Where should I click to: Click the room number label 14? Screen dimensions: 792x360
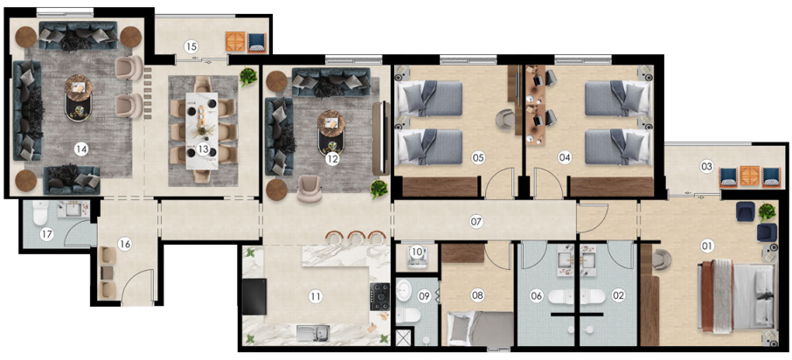pos(80,149)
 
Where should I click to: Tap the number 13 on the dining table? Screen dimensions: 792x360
pos(203,149)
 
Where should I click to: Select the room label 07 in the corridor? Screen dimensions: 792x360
pos(476,221)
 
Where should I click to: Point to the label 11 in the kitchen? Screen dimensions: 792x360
pos(316,296)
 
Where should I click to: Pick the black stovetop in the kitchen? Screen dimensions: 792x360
pos(380,296)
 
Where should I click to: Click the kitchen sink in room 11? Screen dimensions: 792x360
pos(313,333)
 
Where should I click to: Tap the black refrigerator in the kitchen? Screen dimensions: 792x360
pos(254,296)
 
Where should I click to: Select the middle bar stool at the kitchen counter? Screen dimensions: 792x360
pos(357,236)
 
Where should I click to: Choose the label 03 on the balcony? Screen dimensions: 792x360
pos(706,166)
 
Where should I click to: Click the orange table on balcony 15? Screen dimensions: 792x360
pos(235,42)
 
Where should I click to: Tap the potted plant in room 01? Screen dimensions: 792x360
pos(767,211)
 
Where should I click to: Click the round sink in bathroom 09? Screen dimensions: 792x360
pos(404,291)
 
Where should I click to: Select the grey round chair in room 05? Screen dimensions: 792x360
pos(505,119)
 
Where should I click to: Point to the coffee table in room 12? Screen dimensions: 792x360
pos(330,132)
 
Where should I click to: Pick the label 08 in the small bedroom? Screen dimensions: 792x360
pos(477,295)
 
